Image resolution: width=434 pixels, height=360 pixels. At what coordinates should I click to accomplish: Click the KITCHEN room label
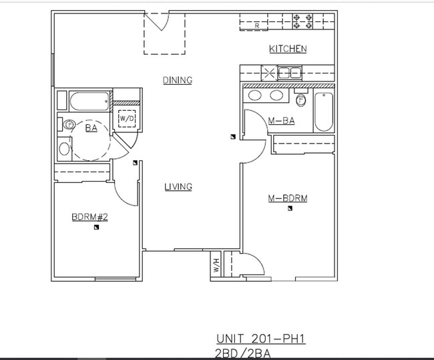288,49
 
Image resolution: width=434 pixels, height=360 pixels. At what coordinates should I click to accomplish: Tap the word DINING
178,80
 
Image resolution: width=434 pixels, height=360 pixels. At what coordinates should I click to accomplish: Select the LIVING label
178,187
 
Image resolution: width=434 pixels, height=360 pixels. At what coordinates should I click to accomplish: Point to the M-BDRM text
287,198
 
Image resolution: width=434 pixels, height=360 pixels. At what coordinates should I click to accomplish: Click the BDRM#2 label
89,216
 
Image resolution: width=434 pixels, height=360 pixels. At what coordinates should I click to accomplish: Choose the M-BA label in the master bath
281,121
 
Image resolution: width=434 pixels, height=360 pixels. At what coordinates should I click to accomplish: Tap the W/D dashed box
126,119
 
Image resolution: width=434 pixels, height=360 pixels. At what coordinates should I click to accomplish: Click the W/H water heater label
216,265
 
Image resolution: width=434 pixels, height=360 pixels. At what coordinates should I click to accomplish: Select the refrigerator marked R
257,25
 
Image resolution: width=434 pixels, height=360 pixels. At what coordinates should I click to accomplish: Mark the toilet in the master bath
301,101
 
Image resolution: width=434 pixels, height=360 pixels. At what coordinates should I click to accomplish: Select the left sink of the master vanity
254,96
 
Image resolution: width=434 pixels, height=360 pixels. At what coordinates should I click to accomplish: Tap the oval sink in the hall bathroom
63,148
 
